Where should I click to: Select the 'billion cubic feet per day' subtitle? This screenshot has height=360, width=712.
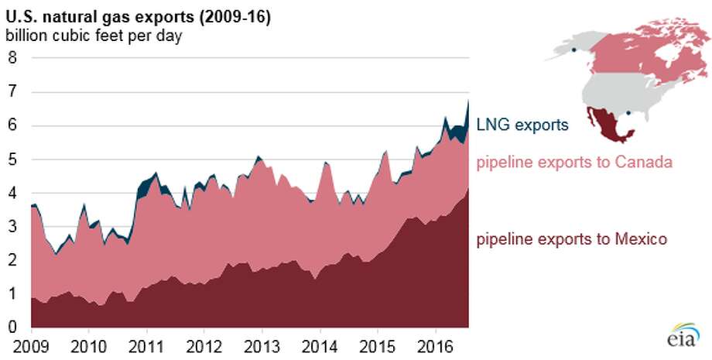[94, 36]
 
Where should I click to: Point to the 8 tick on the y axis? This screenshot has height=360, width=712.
[12, 58]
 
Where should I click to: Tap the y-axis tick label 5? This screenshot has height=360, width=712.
[12, 160]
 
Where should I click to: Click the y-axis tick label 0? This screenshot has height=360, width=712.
[12, 328]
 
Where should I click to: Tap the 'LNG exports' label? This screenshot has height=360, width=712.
[522, 124]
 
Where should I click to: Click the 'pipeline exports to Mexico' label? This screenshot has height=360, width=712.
[571, 240]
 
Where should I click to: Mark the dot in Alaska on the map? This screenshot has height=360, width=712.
[574, 52]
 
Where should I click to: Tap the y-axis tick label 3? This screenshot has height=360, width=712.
[12, 228]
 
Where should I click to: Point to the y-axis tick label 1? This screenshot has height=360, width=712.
[12, 295]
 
